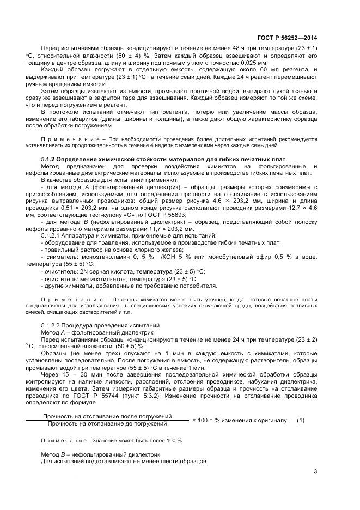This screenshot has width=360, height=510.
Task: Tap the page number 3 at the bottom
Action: tap(315, 472)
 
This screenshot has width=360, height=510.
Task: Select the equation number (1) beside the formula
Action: tap(301, 420)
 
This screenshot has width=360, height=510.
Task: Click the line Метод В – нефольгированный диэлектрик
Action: tap(100, 453)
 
